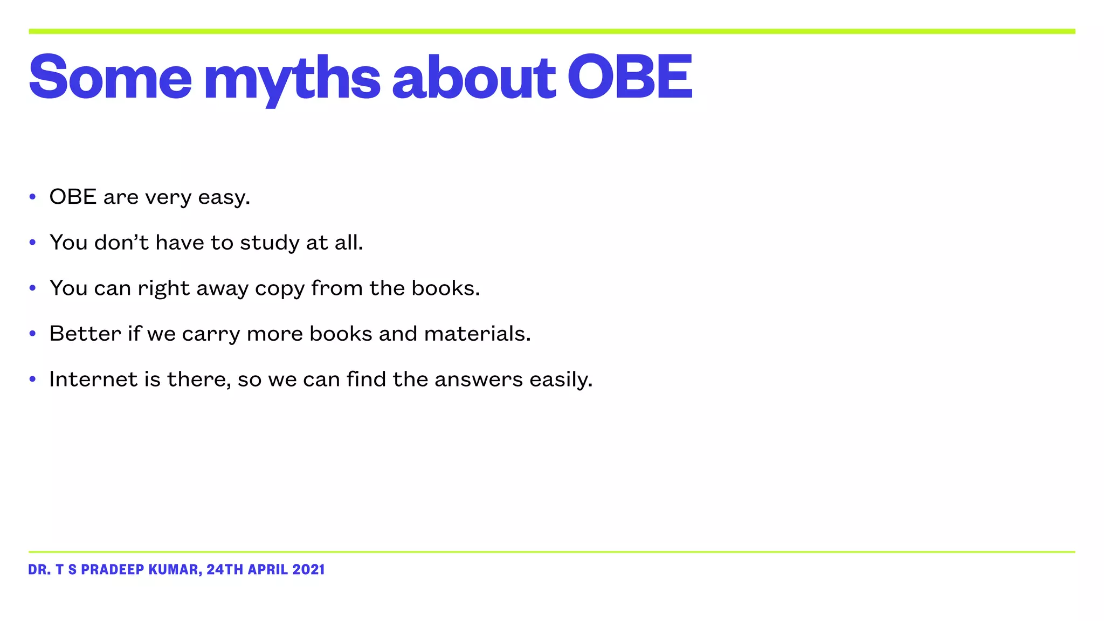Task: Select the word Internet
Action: tap(93, 379)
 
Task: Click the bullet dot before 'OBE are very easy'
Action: tap(33, 197)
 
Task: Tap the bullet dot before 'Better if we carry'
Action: tap(33, 334)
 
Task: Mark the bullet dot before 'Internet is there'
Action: tap(33, 379)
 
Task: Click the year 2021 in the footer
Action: tap(308, 570)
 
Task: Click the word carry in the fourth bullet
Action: tap(211, 335)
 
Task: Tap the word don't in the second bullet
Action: tap(121, 243)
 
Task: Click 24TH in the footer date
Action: tap(225, 570)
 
